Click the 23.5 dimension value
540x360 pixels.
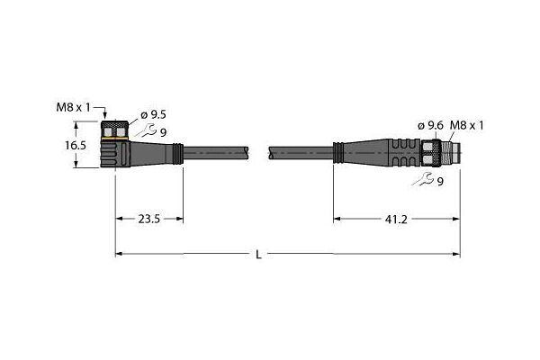pos(149,219)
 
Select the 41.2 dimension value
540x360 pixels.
pos(396,219)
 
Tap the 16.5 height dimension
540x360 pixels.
pos(76,146)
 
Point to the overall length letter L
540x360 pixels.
pos(258,255)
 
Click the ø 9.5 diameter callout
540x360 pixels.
pos(154,114)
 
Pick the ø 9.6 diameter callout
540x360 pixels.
pos(430,126)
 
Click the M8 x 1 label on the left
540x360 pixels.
pos(73,107)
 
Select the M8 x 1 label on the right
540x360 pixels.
pos(466,126)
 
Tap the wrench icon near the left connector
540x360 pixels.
pos(145,130)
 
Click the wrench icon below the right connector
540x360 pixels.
pos(423,179)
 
